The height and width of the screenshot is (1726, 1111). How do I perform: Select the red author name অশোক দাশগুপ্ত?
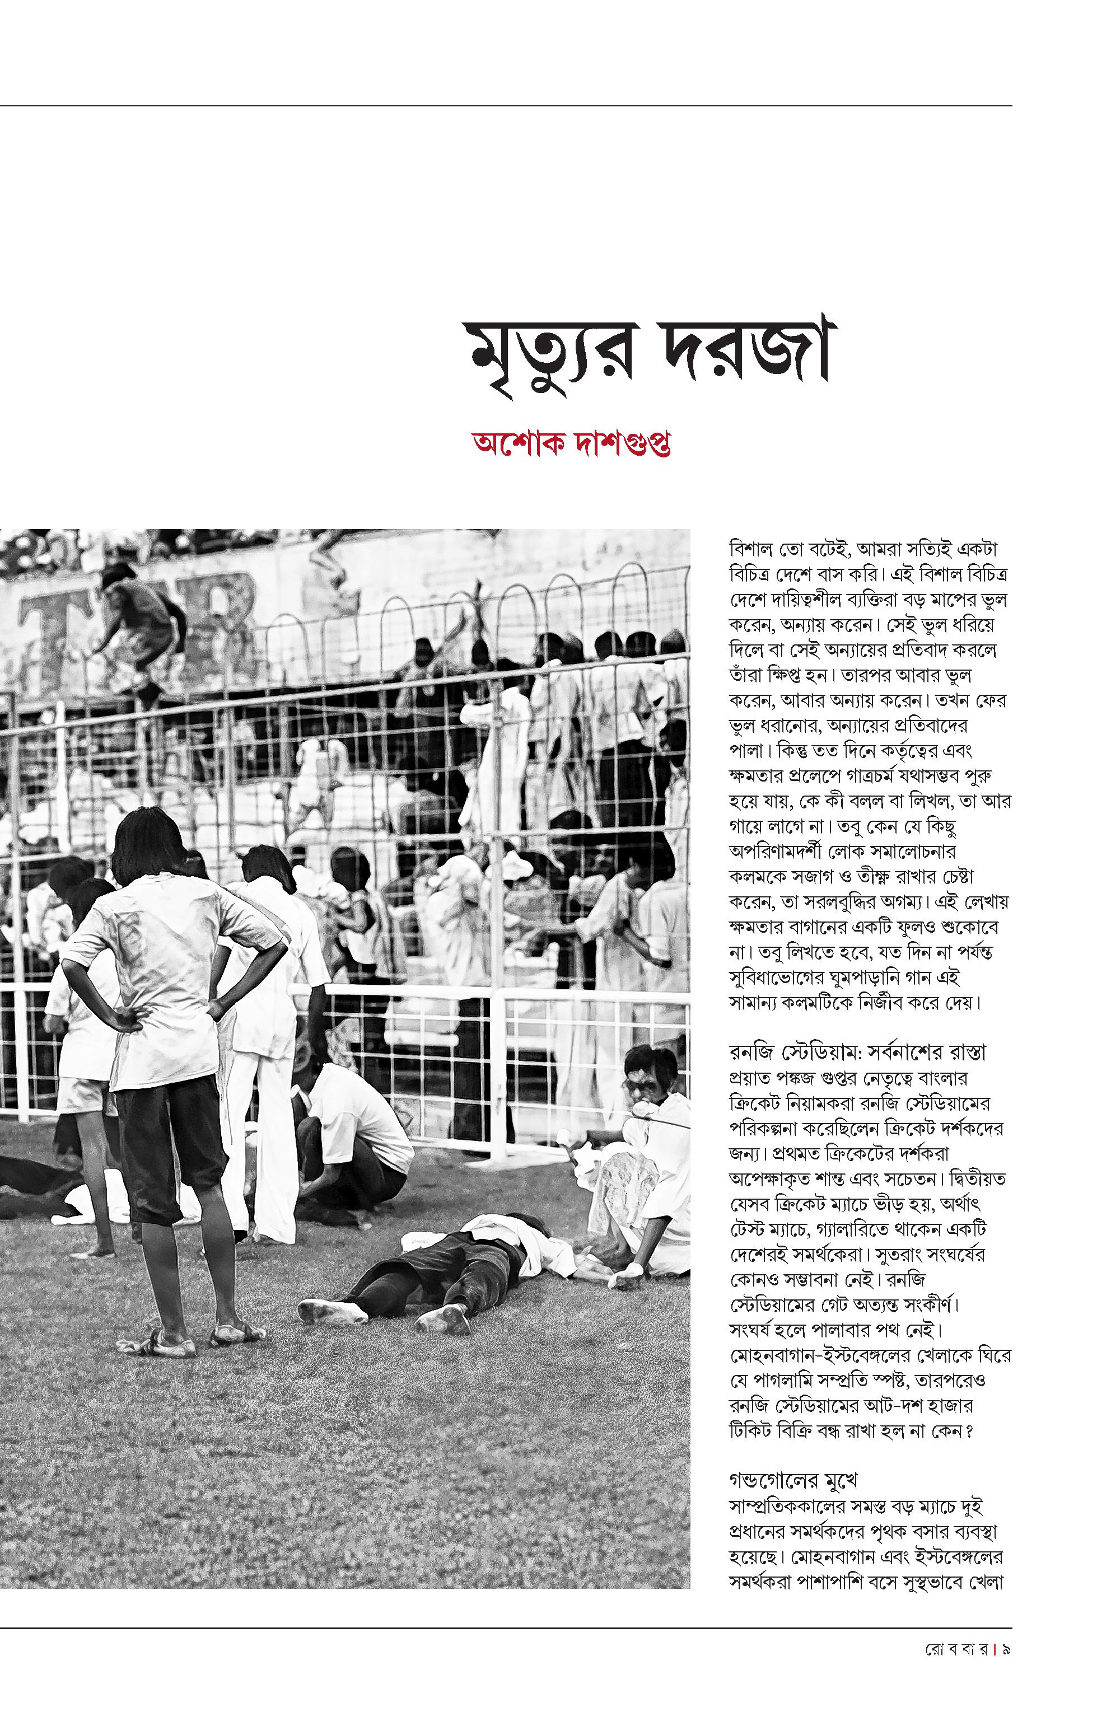[x=571, y=443]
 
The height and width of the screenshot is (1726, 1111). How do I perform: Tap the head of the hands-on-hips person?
[x=148, y=844]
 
